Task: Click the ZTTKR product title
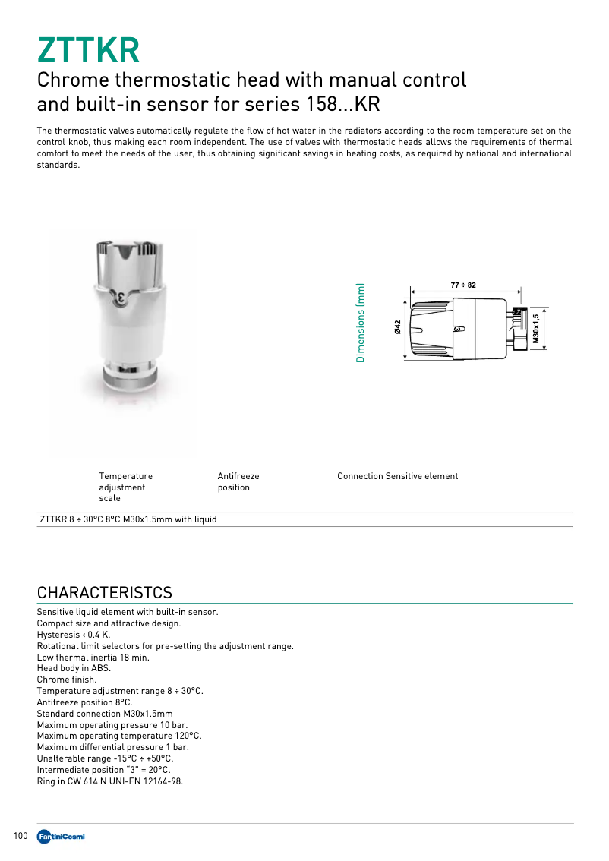[88, 50]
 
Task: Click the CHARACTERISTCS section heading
[105, 592]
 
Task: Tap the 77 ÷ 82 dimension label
[463, 285]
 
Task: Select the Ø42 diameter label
[397, 327]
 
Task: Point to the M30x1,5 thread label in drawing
[535, 329]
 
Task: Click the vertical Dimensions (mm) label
[361, 323]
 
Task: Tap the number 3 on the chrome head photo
[121, 296]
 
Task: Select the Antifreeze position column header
[238, 481]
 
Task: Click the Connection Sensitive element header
[397, 476]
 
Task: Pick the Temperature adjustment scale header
[125, 487]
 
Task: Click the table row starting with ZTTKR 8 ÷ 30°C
[128, 519]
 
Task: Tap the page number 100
[21, 836]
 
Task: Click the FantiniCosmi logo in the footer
[60, 837]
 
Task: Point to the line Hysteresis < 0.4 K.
[74, 634]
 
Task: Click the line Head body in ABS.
[74, 668]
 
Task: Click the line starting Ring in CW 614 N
[109, 781]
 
